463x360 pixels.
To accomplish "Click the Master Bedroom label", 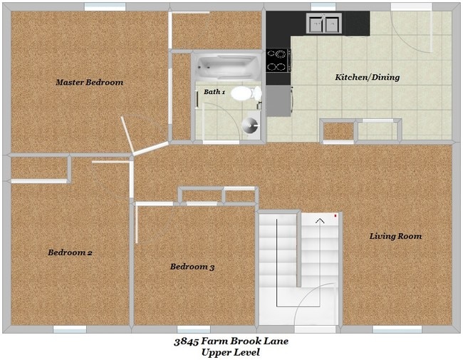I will coord(89,83).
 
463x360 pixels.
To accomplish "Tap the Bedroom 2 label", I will coord(70,252).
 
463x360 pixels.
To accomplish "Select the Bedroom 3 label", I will coord(192,267).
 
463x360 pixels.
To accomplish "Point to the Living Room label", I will coord(395,236).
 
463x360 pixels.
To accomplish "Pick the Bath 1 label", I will coord(214,92).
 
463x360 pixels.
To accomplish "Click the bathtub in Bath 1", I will coord(227,69).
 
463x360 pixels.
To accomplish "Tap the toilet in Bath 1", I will coord(245,93).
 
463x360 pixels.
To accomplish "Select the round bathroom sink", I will coord(249,125).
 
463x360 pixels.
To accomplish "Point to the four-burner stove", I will coord(278,61).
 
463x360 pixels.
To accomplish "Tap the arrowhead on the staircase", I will coord(320,221).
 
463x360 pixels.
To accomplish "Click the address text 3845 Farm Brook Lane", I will coord(231,341).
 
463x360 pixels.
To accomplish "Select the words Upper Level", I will coord(231,353).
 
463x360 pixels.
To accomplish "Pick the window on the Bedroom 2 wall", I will coord(70,329).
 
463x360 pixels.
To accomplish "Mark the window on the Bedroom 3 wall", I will coord(193,329).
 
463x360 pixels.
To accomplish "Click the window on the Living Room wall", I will coord(397,329).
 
